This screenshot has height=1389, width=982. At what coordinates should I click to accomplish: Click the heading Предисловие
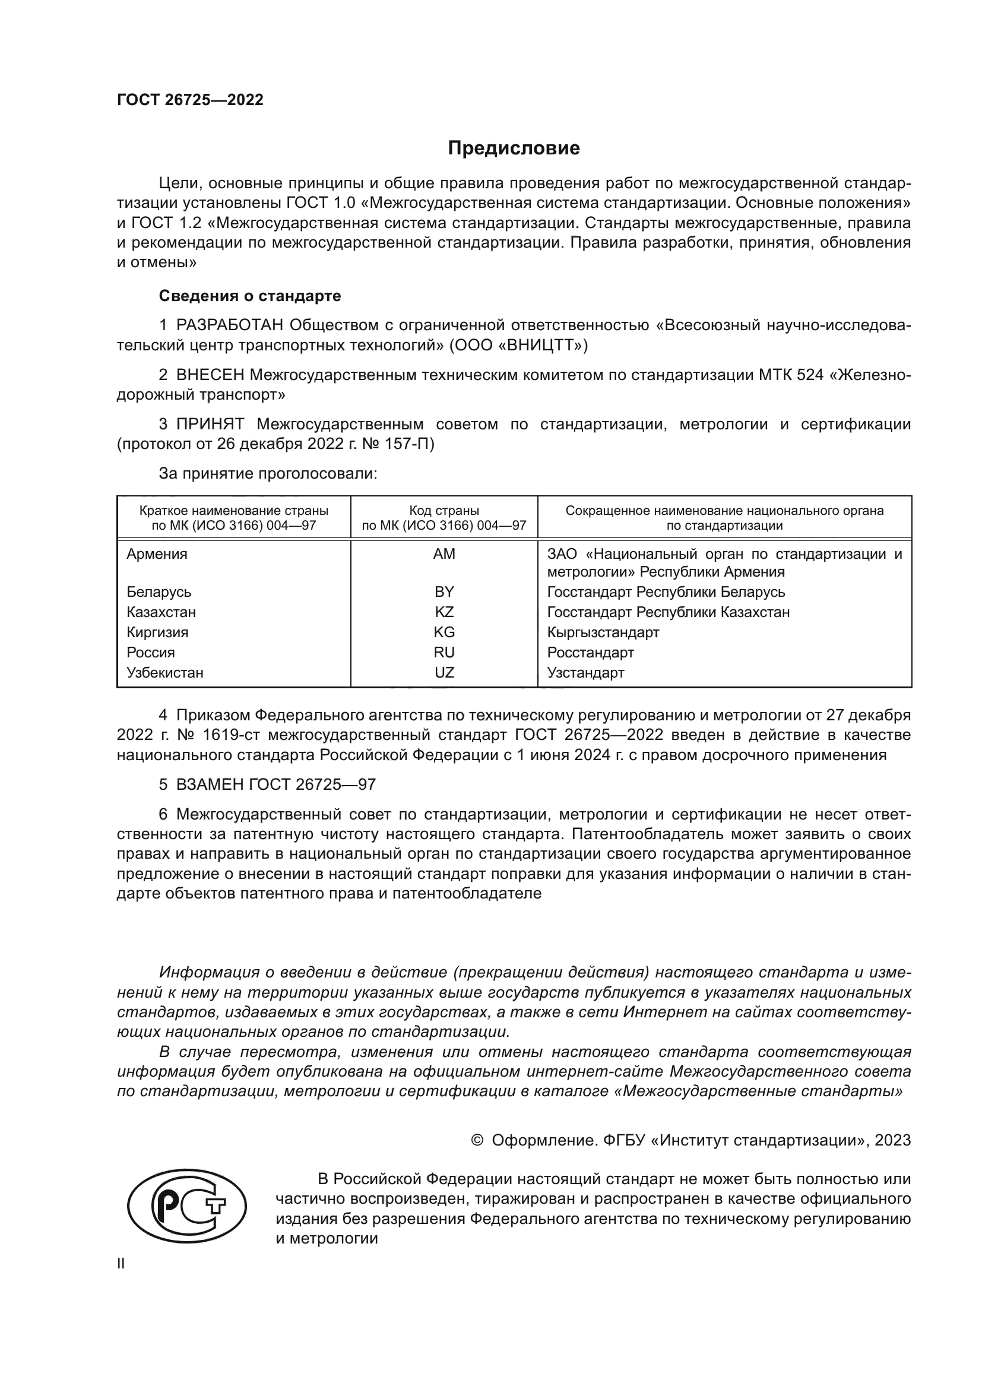[x=514, y=148]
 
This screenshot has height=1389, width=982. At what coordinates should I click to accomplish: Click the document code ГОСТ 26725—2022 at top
[x=190, y=100]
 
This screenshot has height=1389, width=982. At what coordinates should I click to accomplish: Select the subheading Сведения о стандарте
[x=250, y=296]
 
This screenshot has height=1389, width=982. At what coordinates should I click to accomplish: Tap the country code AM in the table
[x=444, y=553]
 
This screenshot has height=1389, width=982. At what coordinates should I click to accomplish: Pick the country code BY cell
[x=444, y=591]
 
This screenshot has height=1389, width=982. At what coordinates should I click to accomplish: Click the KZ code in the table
[x=444, y=612]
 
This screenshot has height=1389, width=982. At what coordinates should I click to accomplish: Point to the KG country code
[x=444, y=632]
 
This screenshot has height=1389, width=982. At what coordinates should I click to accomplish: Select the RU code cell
[x=444, y=652]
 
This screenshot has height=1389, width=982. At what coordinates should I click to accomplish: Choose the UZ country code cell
[x=444, y=672]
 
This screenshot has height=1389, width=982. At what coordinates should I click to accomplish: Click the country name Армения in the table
[x=157, y=553]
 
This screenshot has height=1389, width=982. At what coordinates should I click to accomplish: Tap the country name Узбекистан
[x=164, y=672]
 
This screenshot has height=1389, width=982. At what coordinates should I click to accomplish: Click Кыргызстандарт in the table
[x=603, y=632]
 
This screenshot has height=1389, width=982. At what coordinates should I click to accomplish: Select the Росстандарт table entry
[x=590, y=652]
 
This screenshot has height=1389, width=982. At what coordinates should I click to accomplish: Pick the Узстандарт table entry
[x=585, y=672]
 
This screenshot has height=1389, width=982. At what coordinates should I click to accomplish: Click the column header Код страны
[x=444, y=510]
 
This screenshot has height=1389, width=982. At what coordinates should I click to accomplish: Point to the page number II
[x=121, y=1264]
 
